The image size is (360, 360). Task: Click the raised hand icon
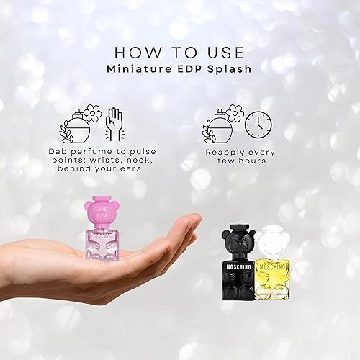(115, 122)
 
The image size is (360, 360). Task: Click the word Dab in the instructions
(60, 153)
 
